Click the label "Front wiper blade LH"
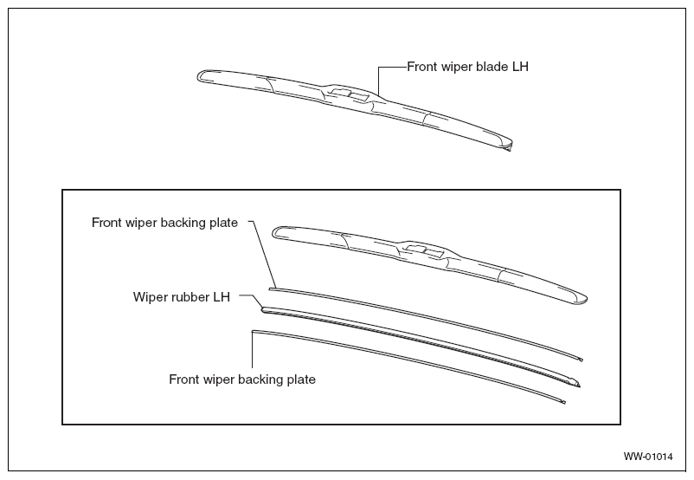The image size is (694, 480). (x=467, y=67)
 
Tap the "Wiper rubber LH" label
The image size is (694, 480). (x=182, y=296)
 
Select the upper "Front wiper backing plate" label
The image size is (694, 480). (x=164, y=223)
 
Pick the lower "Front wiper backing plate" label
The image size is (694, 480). (x=242, y=379)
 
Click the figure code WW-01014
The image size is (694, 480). (x=648, y=457)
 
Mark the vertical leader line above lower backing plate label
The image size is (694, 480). (x=253, y=349)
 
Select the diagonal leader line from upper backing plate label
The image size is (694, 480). (x=265, y=254)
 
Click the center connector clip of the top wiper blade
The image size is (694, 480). (x=348, y=93)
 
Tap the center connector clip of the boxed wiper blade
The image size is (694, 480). (x=424, y=250)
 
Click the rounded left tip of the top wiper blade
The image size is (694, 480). (x=201, y=75)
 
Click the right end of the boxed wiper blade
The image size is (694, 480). (x=582, y=299)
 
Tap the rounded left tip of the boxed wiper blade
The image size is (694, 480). (x=276, y=232)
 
